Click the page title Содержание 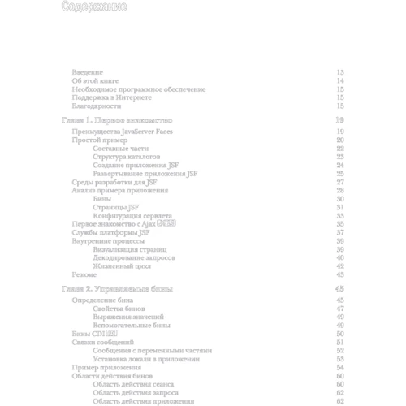93,8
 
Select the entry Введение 87,72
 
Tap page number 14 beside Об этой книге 341,81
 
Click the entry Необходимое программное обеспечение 138,89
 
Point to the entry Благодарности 96,106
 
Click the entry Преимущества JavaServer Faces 123,132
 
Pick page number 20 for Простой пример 341,140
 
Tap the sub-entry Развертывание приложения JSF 145,174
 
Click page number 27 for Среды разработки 341,182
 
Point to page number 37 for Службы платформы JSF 341,232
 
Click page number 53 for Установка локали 341,359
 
